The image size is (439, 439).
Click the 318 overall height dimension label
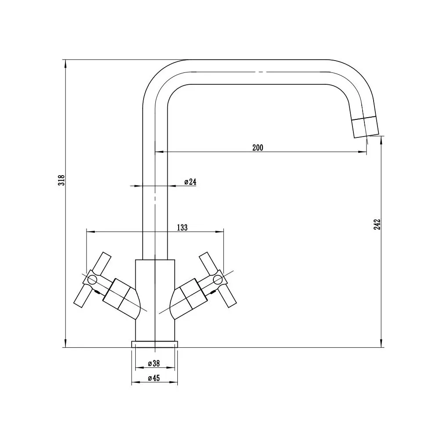tap(61, 180)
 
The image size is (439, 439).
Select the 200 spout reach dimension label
tap(258, 148)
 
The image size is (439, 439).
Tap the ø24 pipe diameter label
tap(191, 182)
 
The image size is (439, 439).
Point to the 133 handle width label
tap(182, 227)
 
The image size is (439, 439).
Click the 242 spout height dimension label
tap(377, 224)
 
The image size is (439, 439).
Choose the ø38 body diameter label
tap(154, 363)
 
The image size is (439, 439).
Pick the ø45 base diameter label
tap(154, 378)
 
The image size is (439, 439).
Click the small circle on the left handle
tap(92, 279)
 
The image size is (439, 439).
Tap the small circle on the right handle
tap(218, 279)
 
